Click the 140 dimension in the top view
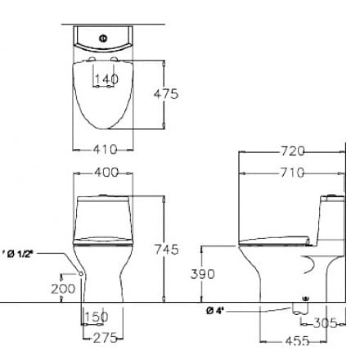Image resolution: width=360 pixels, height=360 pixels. pyautogui.click(x=106, y=79)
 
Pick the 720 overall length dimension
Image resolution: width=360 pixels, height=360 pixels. pyautogui.click(x=292, y=151)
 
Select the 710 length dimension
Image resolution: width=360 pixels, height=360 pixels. pyautogui.click(x=292, y=172)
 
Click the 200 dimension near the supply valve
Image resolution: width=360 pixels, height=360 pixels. pyautogui.click(x=62, y=288)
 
